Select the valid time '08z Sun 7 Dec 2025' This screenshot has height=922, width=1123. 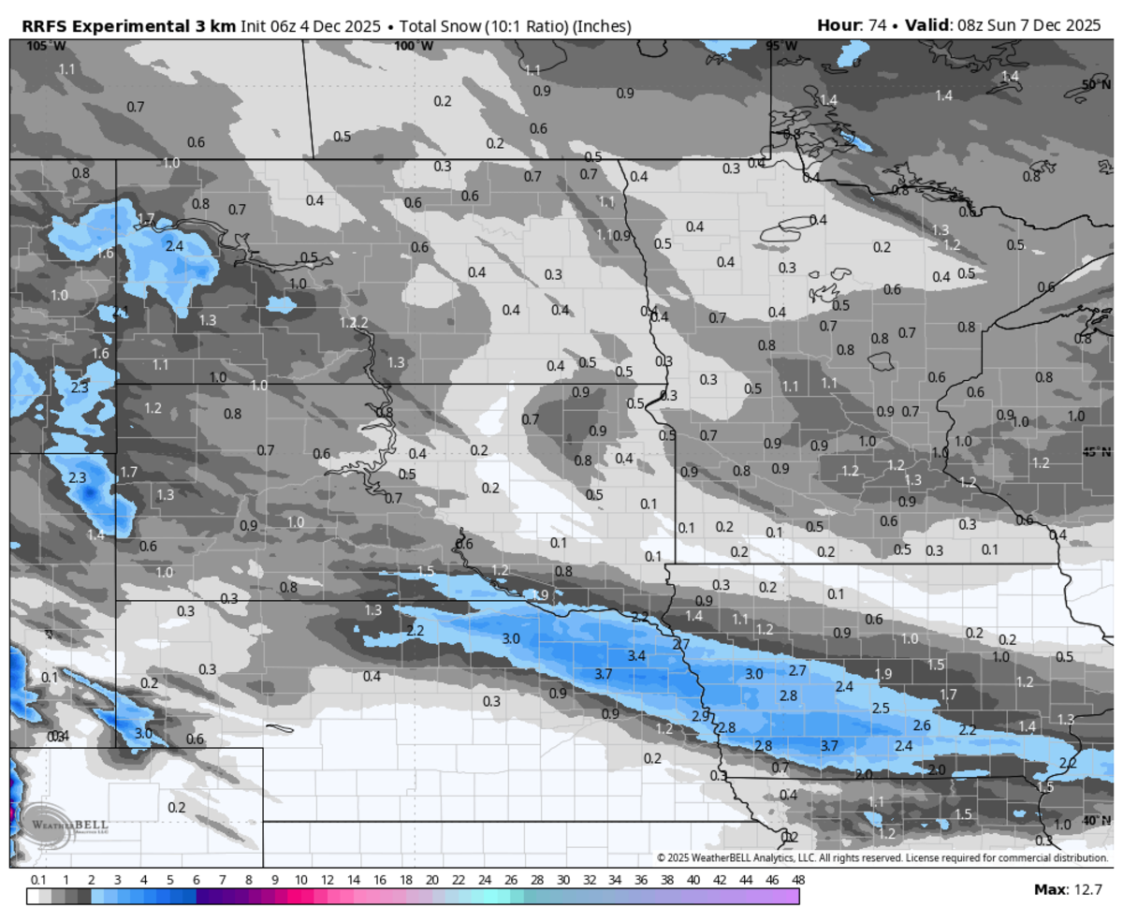tap(1026, 25)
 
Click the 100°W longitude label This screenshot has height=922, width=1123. tap(413, 45)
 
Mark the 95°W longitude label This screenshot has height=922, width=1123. tap(782, 45)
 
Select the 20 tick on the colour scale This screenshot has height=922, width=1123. tap(431, 880)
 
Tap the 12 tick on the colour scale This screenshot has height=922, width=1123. tap(328, 880)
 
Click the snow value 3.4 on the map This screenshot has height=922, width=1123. tap(636, 655)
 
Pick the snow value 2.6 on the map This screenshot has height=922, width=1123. tap(922, 724)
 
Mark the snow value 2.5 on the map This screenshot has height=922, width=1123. tap(881, 708)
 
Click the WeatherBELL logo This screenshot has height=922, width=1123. tap(66, 825)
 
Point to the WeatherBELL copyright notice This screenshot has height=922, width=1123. tap(881, 857)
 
